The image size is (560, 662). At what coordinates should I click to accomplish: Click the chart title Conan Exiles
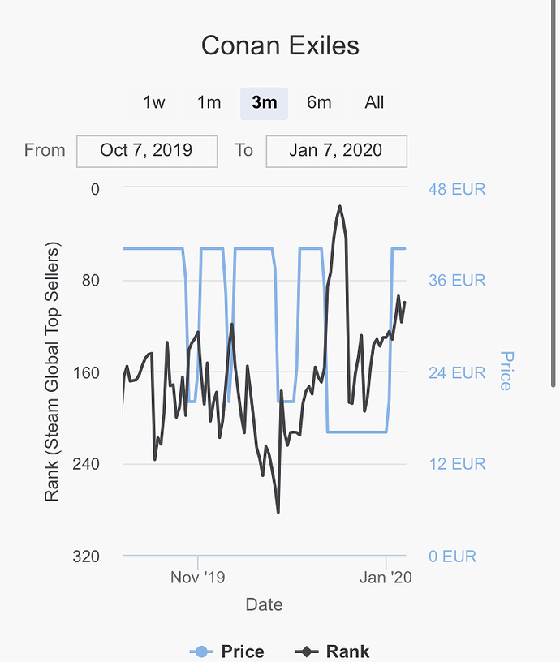click(x=280, y=45)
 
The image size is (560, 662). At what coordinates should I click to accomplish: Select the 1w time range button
click(x=154, y=102)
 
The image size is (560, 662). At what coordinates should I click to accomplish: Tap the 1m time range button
click(x=209, y=102)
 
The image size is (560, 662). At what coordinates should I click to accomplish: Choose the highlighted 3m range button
click(x=264, y=102)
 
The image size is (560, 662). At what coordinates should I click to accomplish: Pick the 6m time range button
click(x=319, y=102)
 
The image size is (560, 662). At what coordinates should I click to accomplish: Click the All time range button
click(x=374, y=102)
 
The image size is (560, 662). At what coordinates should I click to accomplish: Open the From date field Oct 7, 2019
click(x=147, y=150)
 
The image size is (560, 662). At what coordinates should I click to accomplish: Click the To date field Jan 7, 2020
click(x=336, y=150)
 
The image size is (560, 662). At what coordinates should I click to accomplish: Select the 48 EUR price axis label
click(x=457, y=190)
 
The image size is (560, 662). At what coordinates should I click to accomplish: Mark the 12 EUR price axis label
click(x=457, y=464)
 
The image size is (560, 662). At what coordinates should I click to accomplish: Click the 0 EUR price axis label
click(x=452, y=557)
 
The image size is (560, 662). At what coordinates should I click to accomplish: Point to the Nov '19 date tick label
click(x=197, y=577)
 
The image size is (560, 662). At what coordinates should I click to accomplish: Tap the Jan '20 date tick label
click(x=386, y=577)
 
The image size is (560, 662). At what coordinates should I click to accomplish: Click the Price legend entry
click(x=228, y=651)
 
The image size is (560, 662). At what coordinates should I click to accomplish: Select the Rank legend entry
click(x=333, y=651)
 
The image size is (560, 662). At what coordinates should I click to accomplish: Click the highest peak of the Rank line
click(x=339, y=207)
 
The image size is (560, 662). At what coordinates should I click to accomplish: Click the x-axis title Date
click(x=264, y=604)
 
